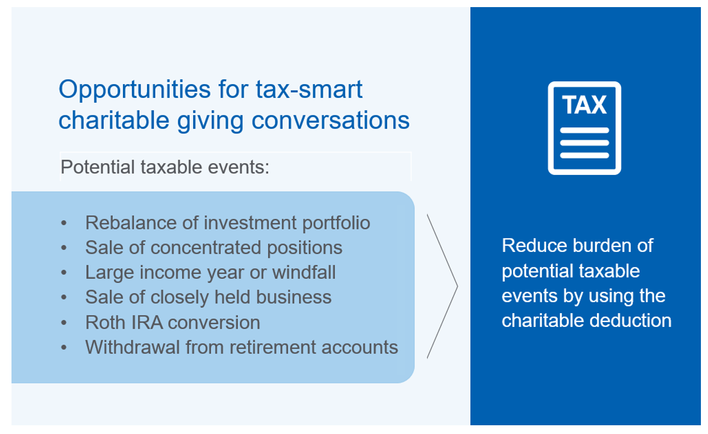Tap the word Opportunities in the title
[x=134, y=90]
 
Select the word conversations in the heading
[x=330, y=120]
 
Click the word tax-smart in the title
[x=309, y=90]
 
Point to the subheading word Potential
[x=98, y=167]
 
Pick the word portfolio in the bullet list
[x=336, y=224]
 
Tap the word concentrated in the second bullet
[x=206, y=247]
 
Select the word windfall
[x=304, y=272]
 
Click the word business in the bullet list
[x=294, y=297]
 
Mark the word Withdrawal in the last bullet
[x=132, y=347]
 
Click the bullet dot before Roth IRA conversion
[x=64, y=322]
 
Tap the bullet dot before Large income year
[x=64, y=272]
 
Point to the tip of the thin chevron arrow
[x=458, y=286]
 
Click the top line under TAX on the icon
[x=584, y=130]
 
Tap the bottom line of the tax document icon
[x=584, y=155]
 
